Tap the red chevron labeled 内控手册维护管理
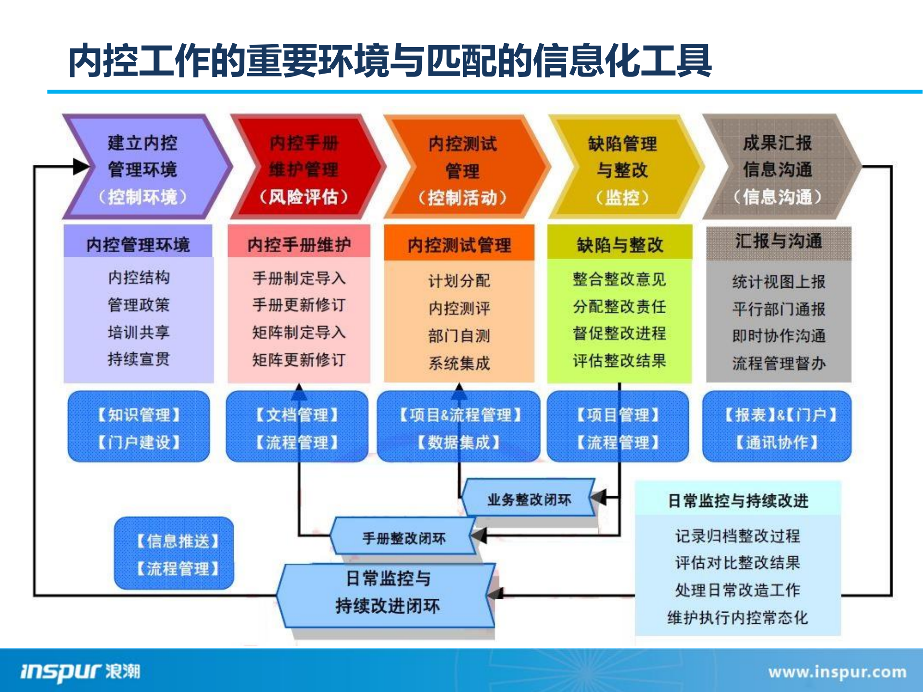click(304, 168)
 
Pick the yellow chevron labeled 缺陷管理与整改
click(622, 168)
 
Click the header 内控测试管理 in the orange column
click(459, 245)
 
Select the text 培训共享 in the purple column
click(139, 332)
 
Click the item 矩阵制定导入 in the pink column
click(299, 332)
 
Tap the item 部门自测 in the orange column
click(459, 336)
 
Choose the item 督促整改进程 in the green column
click(620, 333)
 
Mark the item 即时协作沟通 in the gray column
click(779, 336)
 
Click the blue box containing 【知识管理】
click(139, 428)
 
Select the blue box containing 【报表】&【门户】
click(776, 428)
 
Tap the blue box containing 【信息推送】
click(174, 554)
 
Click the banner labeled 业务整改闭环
click(529, 499)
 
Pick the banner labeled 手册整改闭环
click(403, 538)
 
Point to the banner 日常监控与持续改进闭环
click(387, 592)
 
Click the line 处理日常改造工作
click(737, 590)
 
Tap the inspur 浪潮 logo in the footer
click(80, 671)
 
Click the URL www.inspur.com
click(837, 672)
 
